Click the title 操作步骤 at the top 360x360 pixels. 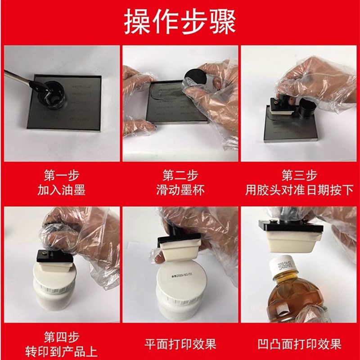[x=180, y=22]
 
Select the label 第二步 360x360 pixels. [x=180, y=175]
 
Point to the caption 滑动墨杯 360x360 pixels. [x=180, y=190]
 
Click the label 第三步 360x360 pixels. [x=299, y=175]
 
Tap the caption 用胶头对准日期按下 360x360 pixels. [x=299, y=190]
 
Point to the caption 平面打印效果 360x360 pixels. [x=180, y=345]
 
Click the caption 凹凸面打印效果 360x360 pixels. [x=299, y=345]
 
